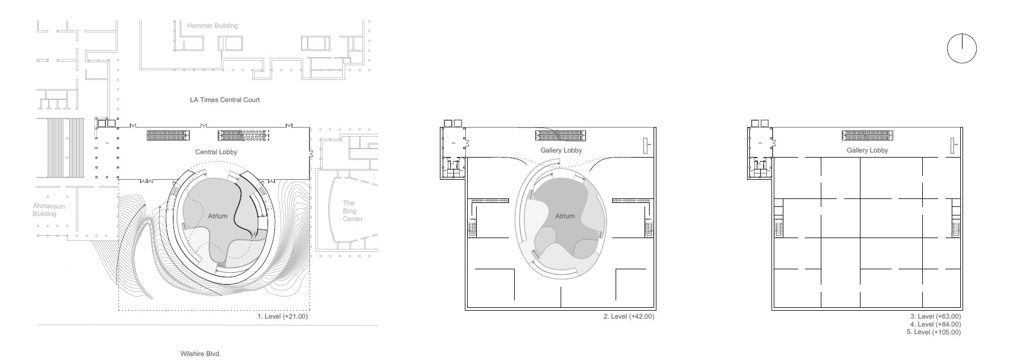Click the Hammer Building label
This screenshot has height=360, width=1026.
tap(213, 26)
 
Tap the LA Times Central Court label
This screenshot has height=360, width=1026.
tap(224, 100)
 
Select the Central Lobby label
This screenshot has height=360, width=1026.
tap(216, 152)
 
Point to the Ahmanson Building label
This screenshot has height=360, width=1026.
tap(49, 210)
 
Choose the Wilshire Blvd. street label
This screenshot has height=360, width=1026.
tap(200, 354)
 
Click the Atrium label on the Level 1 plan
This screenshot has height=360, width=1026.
tap(217, 216)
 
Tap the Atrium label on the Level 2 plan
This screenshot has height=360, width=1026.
tap(565, 216)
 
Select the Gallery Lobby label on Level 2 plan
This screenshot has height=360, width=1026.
tap(561, 150)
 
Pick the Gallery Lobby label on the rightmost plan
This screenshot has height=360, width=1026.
tap(867, 150)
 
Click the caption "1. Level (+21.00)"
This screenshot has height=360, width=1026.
tap(283, 316)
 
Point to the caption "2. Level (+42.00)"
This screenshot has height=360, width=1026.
tap(628, 316)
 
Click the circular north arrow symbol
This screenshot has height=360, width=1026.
tap(962, 49)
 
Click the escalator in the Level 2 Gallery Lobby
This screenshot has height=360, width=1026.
tap(562, 135)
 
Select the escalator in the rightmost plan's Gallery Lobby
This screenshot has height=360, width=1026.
tap(868, 135)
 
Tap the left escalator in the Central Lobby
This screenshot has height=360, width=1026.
tap(167, 135)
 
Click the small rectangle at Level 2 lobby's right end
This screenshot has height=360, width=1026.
tap(646, 145)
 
